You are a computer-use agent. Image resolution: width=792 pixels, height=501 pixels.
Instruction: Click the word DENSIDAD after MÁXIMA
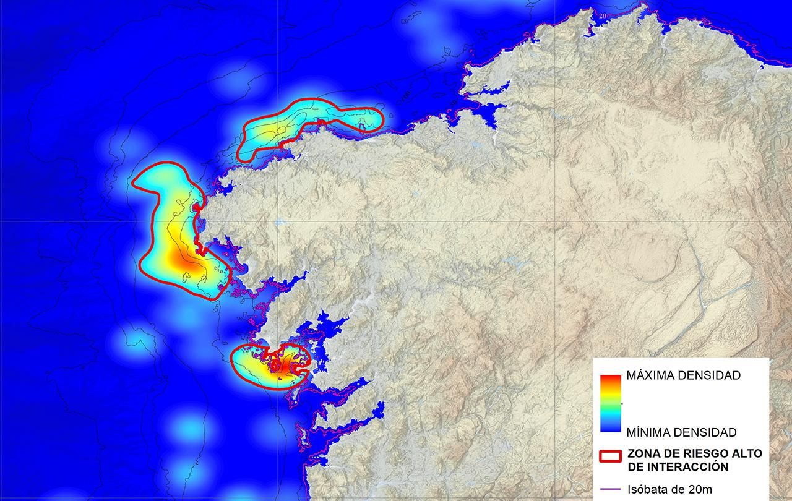708,375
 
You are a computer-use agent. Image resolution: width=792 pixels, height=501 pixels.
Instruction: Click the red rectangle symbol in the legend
610,456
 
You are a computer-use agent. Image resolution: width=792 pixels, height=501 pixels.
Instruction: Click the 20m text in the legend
696,490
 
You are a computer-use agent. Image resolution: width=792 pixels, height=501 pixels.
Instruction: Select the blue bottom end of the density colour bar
610,427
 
